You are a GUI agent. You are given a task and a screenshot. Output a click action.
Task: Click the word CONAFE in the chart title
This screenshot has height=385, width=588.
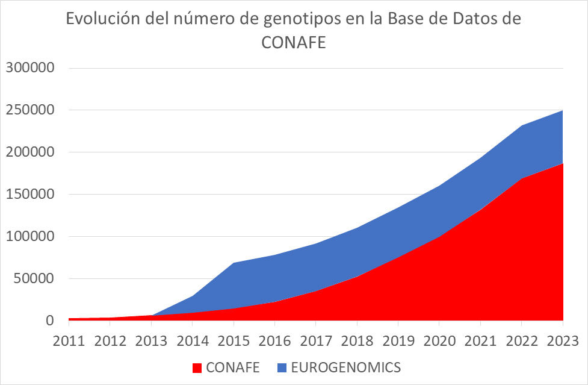click(294, 43)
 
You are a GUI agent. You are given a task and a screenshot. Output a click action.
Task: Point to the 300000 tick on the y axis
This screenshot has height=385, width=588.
click(29, 67)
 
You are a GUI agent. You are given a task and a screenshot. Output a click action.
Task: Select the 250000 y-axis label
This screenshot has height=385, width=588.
click(29, 110)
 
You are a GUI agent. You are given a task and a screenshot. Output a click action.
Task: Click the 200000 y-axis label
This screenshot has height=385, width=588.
click(29, 152)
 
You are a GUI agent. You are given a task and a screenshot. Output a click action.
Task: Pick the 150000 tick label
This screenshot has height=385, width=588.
click(29, 194)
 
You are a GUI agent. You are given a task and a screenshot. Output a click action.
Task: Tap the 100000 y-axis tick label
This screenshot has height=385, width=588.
click(29, 236)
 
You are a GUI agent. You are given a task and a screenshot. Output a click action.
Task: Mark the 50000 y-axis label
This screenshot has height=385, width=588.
click(33, 278)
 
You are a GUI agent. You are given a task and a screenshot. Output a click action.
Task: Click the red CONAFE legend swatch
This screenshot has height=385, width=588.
click(197, 368)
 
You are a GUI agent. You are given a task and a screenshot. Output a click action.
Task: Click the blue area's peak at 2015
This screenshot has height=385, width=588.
click(234, 263)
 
